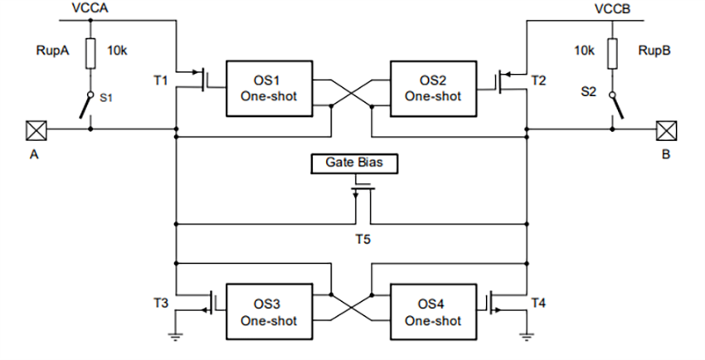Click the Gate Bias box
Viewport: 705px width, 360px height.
353,163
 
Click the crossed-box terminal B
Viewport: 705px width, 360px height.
667,129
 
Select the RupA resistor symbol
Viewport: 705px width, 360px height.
90,51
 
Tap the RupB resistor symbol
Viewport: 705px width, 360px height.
612,51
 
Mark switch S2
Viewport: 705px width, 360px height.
615,106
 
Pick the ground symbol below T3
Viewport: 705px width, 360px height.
176,336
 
